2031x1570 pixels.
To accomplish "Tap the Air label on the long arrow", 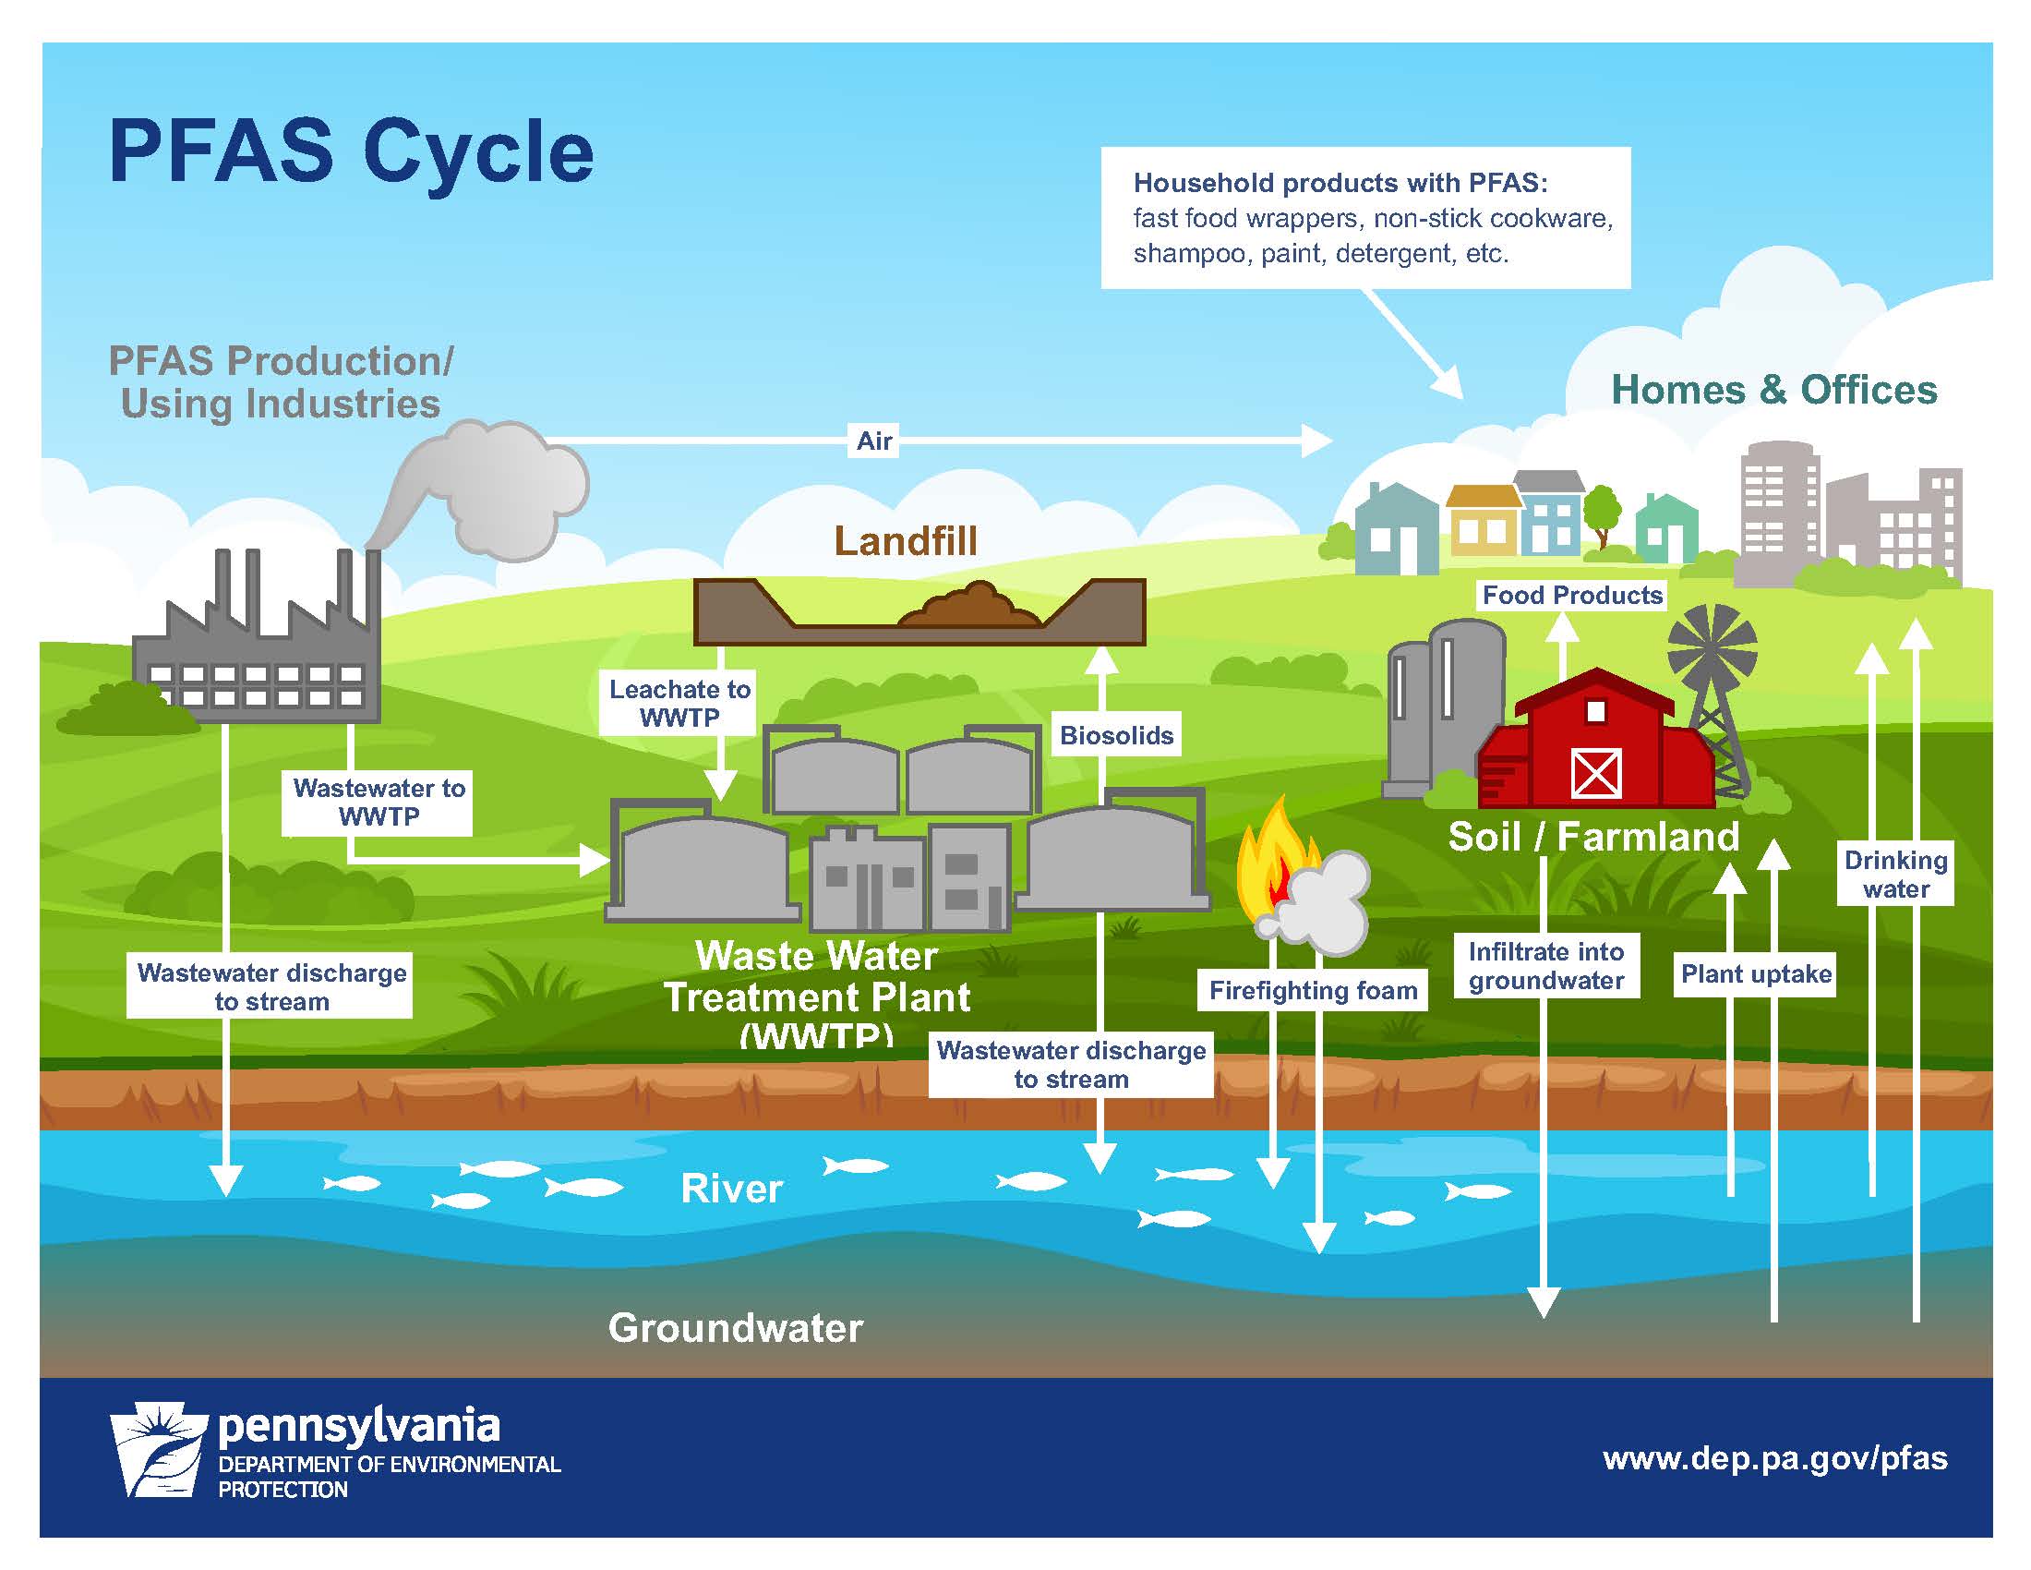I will [x=874, y=441].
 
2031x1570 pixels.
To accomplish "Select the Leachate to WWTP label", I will [x=679, y=703].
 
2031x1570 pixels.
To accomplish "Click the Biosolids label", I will [x=1116, y=736].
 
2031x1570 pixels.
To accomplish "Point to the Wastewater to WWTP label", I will [x=379, y=802].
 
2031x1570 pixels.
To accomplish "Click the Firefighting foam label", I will [x=1312, y=991].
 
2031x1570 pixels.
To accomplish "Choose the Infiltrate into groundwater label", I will [x=1545, y=965].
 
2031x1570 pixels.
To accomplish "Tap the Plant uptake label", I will [x=1756, y=973].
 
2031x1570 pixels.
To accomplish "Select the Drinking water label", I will [x=1895, y=874].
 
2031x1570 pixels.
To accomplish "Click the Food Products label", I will [x=1571, y=596].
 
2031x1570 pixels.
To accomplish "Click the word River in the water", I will [x=732, y=1189].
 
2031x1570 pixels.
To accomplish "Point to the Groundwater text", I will [x=735, y=1328].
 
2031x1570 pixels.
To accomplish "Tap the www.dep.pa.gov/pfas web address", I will [x=1774, y=1457].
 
